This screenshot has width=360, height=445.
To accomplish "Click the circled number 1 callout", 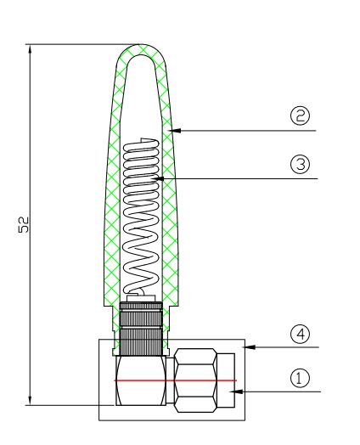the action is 300,378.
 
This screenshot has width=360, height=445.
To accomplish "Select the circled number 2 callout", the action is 300,115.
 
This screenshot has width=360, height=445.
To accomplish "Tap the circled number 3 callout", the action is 300,164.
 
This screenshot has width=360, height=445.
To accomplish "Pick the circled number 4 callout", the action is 300,334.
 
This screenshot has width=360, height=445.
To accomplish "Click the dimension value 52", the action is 24,225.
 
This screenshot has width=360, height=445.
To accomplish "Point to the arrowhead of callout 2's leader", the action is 176,131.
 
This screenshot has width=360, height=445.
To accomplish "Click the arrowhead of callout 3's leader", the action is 160,179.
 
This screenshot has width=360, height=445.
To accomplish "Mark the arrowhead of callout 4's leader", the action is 250,347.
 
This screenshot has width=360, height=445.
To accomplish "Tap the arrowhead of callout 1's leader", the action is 238,391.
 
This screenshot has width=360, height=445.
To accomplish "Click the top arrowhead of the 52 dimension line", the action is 30,49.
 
